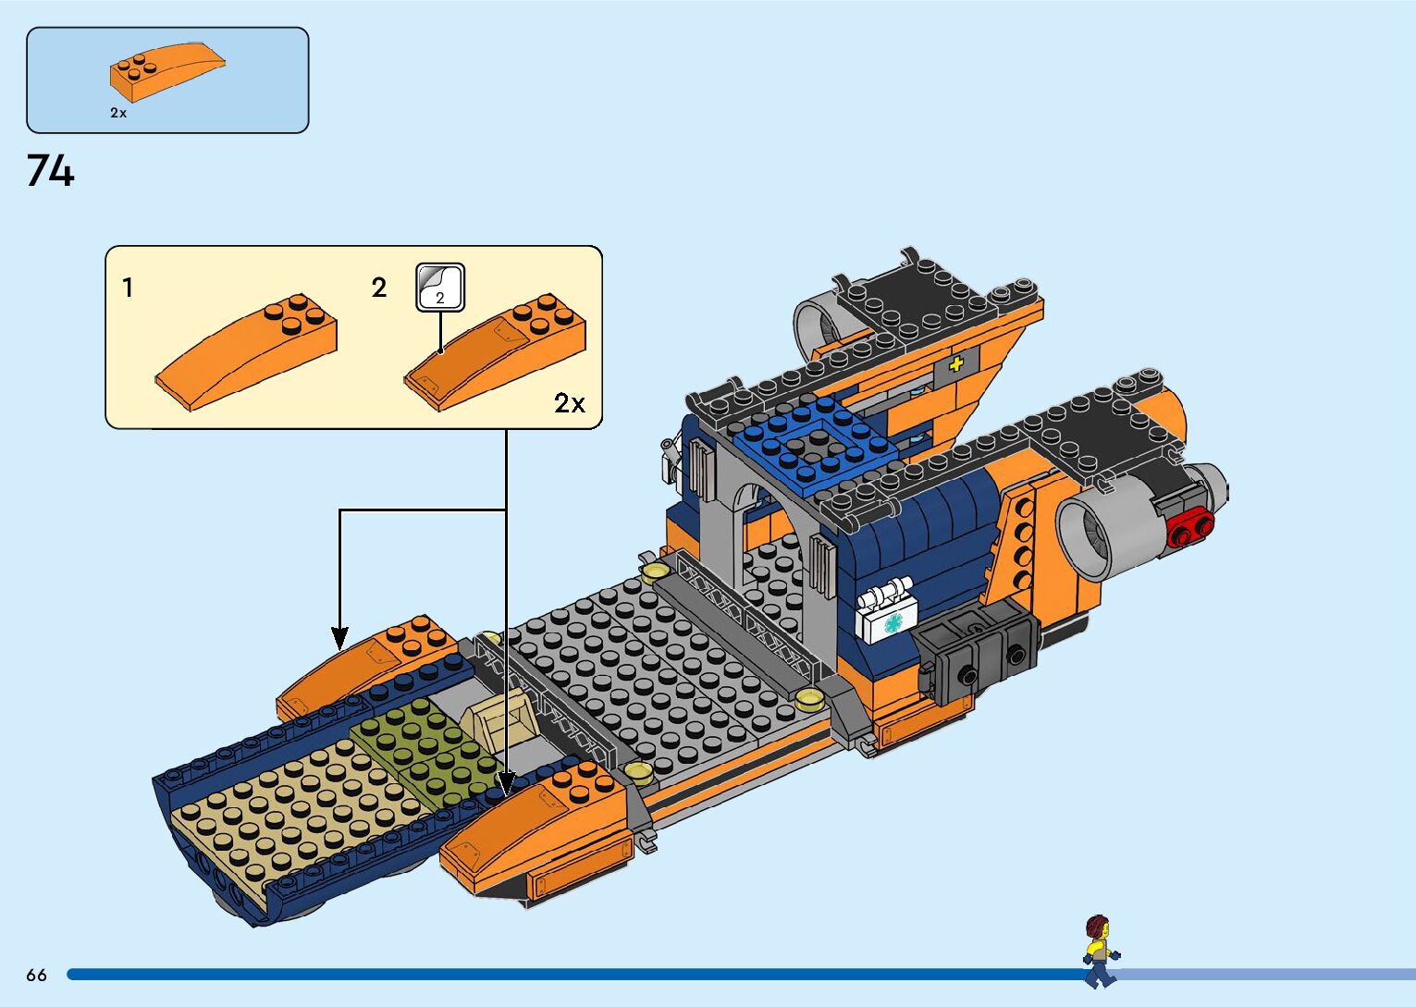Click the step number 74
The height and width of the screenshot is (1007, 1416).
click(x=50, y=171)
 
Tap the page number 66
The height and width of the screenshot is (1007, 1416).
click(x=36, y=975)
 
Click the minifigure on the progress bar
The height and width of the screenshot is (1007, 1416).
click(x=1099, y=951)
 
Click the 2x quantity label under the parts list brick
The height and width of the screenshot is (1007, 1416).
click(x=118, y=113)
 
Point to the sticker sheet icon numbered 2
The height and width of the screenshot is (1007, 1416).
click(x=440, y=287)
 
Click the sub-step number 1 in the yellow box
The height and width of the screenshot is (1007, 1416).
click(x=128, y=289)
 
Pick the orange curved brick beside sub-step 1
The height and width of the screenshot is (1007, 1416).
click(x=248, y=353)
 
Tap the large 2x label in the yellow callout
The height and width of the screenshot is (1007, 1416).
click(x=570, y=403)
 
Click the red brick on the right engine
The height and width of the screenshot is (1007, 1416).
click(x=1191, y=528)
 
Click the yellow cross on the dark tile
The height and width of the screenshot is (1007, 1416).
click(x=955, y=363)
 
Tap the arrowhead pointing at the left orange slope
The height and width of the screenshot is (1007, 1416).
click(x=340, y=638)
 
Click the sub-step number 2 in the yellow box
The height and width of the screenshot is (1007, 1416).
click(x=379, y=289)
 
